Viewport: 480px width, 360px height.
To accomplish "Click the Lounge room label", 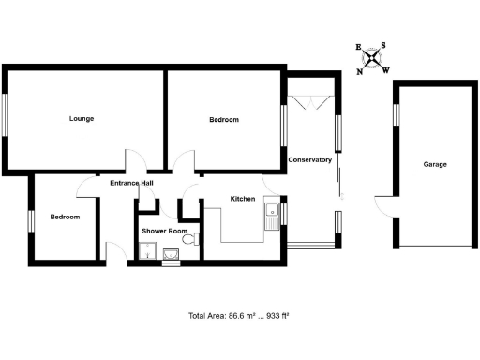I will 82,119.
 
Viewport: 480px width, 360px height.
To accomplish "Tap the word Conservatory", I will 310,160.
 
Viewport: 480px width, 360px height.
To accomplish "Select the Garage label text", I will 434,164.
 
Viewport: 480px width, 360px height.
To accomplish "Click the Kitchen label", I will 243,199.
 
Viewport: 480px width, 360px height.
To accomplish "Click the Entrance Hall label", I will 131,183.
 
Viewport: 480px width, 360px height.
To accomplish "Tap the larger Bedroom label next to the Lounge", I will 223,120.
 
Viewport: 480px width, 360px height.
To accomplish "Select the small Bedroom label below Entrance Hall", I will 65,217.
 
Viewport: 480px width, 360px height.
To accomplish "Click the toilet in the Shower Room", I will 190,241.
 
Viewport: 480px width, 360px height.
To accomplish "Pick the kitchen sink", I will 273,215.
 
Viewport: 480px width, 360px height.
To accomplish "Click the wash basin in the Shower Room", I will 172,254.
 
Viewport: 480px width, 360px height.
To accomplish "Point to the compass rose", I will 373,58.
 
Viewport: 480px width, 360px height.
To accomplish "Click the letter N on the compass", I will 361,70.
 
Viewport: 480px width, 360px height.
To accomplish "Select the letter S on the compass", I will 385,46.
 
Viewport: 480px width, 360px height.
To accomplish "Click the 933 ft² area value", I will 278,317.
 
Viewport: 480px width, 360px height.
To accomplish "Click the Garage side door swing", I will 383,204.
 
